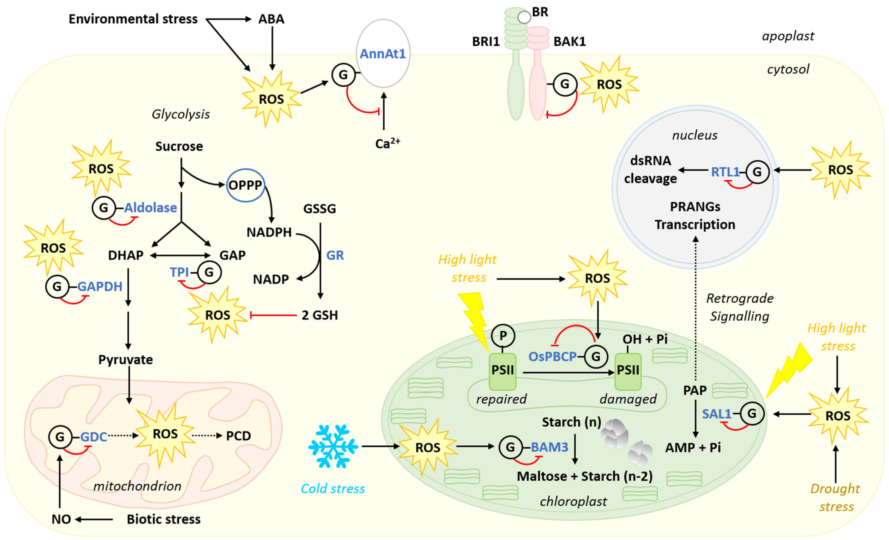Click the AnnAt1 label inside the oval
coord(383,54)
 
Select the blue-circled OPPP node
coord(245,185)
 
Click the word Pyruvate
coord(126,360)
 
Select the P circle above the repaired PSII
coord(503,336)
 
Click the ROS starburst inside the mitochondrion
coord(165,434)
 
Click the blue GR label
coord(335,256)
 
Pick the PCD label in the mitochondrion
coord(238,436)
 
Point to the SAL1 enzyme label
coord(717,414)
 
